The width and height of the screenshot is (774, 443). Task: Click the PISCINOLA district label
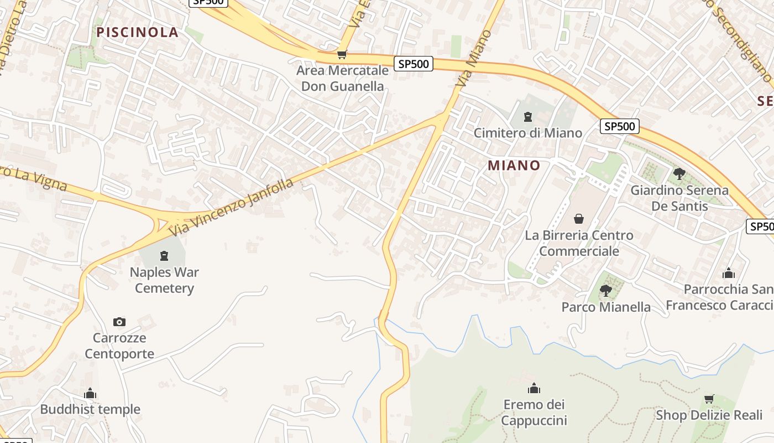tap(138, 32)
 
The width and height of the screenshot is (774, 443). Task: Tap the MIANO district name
tap(514, 165)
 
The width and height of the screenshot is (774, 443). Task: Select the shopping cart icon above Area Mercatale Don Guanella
tap(342, 55)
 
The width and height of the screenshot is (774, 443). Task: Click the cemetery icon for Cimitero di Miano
tap(528, 117)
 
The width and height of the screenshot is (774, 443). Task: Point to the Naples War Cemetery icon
tap(164, 256)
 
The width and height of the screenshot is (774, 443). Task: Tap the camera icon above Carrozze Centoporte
tap(119, 322)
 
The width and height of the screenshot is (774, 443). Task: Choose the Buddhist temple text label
tap(90, 410)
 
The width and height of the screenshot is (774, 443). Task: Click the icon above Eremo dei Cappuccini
tap(534, 388)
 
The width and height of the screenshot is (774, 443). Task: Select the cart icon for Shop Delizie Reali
tap(709, 399)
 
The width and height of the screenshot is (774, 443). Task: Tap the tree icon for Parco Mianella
tap(606, 290)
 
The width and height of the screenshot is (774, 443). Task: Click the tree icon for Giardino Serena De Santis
tap(679, 174)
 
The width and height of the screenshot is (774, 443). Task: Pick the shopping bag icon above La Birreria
tap(579, 219)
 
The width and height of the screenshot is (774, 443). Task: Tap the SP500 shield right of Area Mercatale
tap(414, 64)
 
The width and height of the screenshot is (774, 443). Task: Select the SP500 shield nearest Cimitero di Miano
tap(619, 126)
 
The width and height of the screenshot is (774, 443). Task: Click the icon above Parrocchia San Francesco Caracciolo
tap(729, 273)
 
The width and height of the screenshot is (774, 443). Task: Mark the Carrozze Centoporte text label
tap(119, 346)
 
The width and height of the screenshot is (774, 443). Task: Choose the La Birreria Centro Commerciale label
tap(579, 243)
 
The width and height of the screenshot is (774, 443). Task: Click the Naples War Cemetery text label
tap(164, 280)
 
